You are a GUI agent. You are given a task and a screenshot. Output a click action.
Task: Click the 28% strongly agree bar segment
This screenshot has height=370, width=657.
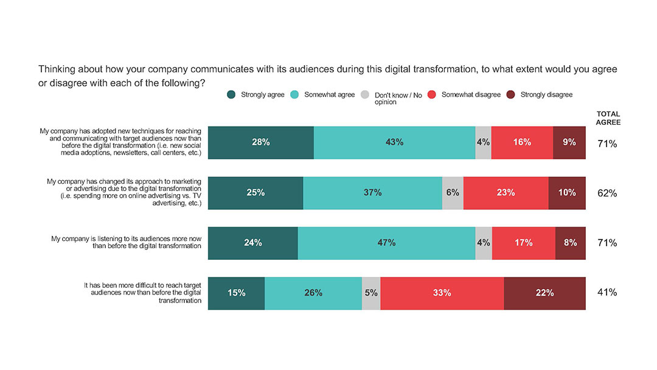tap(260, 143)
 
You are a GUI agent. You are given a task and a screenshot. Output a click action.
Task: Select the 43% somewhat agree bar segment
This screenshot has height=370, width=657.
tap(394, 143)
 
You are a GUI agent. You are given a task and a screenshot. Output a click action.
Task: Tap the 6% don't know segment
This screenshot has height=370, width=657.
tap(453, 193)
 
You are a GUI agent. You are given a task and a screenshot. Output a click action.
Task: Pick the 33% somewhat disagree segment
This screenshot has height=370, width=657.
tap(442, 293)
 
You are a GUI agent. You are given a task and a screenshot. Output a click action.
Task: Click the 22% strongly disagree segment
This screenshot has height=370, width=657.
tap(544, 293)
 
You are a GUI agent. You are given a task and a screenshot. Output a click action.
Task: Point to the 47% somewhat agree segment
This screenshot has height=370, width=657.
tap(386, 243)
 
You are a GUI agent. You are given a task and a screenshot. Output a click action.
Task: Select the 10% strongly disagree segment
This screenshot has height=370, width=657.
tap(567, 193)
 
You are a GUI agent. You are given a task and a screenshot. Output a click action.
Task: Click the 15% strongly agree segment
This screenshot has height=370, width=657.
tap(236, 293)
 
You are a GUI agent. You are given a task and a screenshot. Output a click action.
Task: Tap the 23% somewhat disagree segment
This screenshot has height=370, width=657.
tap(506, 193)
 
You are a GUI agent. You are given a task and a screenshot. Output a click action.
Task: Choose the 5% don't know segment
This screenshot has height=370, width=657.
tap(371, 293)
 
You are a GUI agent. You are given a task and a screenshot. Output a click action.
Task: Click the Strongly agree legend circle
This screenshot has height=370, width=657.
tap(231, 95)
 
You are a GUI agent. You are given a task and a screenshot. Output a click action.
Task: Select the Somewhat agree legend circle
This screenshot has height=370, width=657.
tap(294, 95)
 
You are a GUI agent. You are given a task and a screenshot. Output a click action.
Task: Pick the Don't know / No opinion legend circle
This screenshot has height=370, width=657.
tap(365, 95)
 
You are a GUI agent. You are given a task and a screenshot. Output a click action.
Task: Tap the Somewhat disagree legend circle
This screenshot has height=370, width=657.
tap(432, 95)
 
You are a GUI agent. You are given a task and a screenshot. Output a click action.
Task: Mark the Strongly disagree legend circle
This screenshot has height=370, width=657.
tap(511, 95)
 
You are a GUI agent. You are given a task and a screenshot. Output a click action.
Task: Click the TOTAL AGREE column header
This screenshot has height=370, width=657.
tap(608, 118)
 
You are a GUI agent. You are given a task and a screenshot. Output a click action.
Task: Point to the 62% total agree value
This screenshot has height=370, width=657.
tap(607, 194)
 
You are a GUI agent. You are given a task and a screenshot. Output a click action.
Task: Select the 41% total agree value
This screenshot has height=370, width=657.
tap(607, 293)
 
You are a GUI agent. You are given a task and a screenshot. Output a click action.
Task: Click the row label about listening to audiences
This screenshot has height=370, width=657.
tap(126, 243)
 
